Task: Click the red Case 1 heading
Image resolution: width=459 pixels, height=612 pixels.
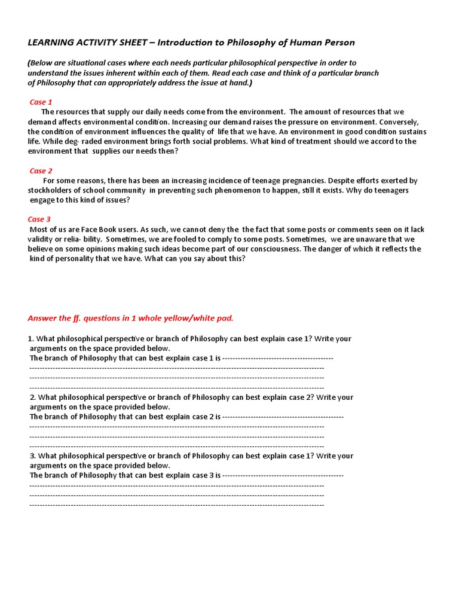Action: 41,102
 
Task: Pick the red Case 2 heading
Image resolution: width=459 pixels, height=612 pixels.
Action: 41,171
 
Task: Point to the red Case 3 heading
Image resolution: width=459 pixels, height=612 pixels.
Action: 39,219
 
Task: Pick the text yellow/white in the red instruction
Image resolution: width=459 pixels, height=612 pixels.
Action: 192,318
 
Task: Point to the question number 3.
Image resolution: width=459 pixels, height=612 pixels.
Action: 32,456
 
